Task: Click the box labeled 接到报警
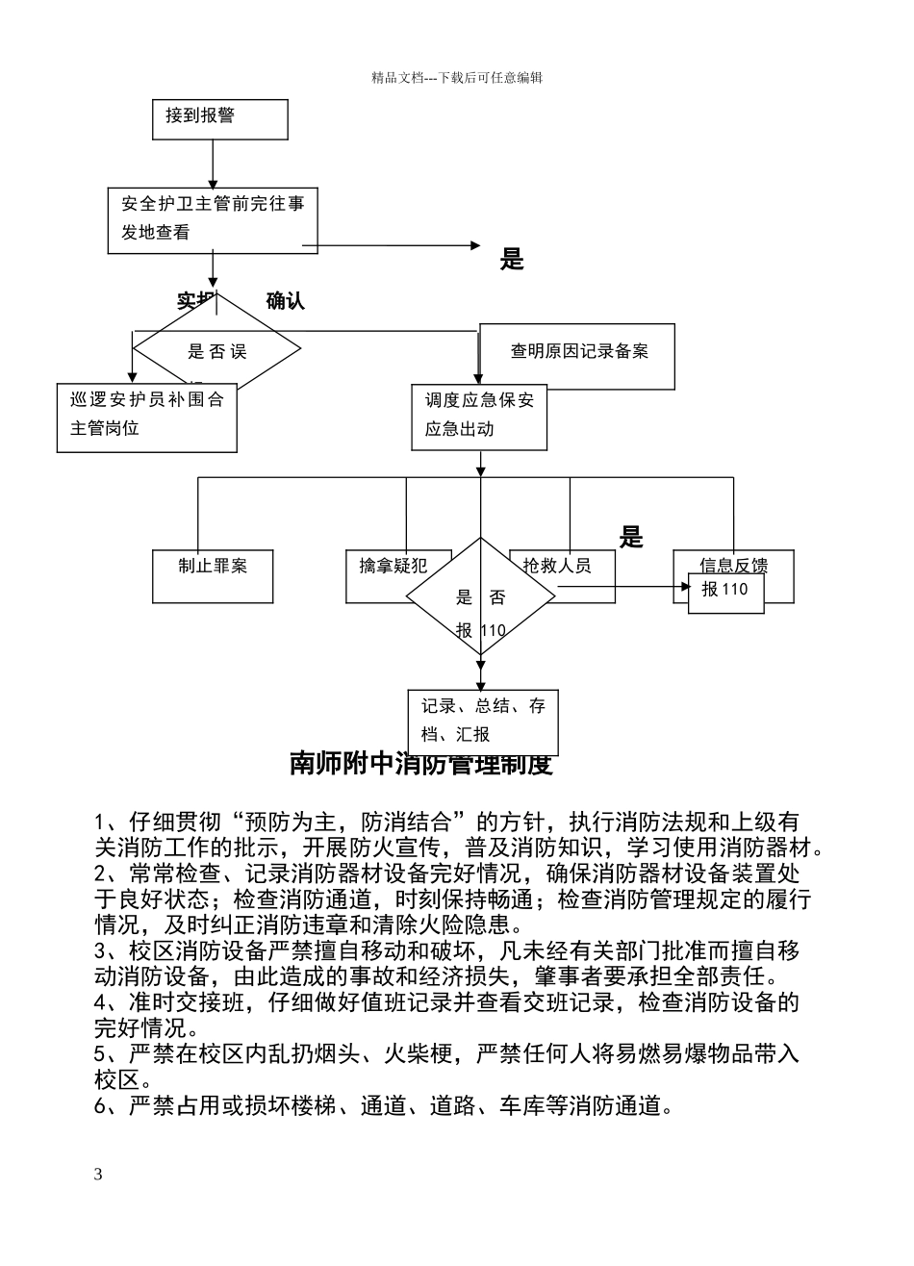(219, 119)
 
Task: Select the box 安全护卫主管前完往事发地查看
(212, 219)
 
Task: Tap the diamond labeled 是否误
(216, 351)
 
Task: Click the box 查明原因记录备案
(578, 354)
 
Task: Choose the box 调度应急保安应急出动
(479, 417)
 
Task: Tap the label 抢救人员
(557, 566)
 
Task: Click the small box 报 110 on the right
(726, 592)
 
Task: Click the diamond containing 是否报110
(480, 598)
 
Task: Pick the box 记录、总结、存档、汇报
(483, 722)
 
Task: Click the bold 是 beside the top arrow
(512, 259)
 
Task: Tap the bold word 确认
(285, 301)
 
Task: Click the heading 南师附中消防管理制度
(420, 766)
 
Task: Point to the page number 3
(97, 1175)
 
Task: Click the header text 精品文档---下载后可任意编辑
(457, 78)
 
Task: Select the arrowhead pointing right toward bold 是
(474, 246)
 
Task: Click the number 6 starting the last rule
(100, 1106)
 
